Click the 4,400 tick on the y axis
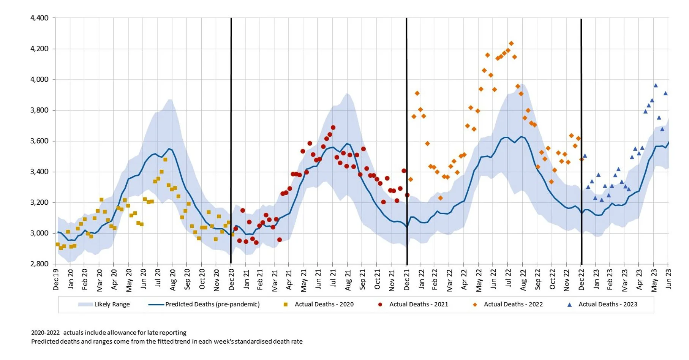tap(39, 18)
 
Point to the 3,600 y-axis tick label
tap(39, 141)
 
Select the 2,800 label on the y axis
tap(39, 264)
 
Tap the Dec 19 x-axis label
tap(56, 280)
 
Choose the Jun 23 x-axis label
tap(668, 279)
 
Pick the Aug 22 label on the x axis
tap(523, 280)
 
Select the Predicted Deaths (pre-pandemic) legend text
tap(212, 304)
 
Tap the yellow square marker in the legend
tap(286, 305)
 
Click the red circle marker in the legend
tap(380, 305)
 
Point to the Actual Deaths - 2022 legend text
tap(513, 305)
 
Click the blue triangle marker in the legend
tap(569, 305)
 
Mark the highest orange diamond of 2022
tap(511, 44)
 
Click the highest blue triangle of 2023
tap(656, 85)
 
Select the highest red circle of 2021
tap(333, 128)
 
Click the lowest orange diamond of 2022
tap(440, 198)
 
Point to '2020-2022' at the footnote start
tap(45, 333)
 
